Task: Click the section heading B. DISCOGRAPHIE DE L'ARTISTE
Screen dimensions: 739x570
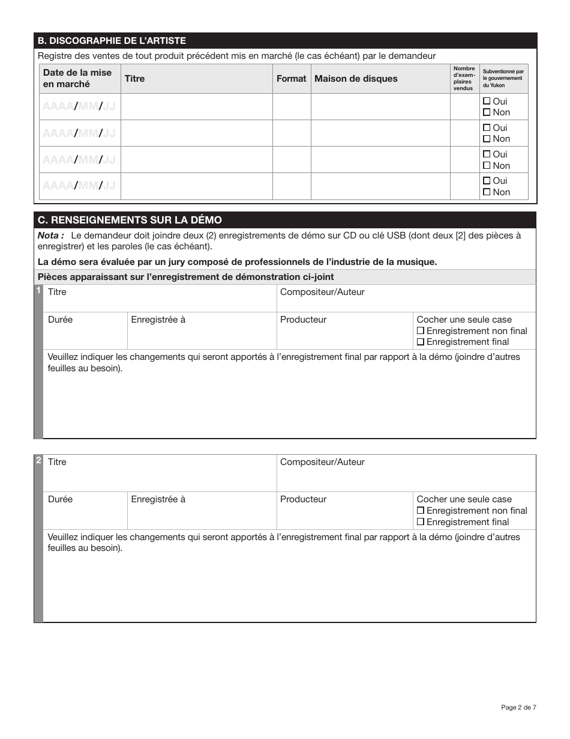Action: tap(112, 41)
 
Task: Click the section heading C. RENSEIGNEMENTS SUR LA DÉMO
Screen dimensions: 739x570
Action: tap(130, 220)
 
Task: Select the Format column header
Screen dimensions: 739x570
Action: tap(291, 79)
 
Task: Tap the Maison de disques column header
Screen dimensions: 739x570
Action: tap(356, 79)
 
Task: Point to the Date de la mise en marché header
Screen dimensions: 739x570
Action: tap(77, 79)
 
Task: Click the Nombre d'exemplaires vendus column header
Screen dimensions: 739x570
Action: tap(464, 79)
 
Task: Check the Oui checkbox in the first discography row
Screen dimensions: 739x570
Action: tap(487, 101)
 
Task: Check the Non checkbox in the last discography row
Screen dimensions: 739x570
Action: tap(487, 192)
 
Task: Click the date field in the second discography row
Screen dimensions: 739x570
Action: tap(79, 133)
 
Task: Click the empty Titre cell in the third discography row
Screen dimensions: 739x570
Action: tap(196, 160)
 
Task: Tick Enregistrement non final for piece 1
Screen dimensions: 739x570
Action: tap(421, 331)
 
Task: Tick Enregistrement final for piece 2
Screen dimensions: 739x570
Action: tap(421, 522)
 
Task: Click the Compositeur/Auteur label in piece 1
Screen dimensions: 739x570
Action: tap(322, 292)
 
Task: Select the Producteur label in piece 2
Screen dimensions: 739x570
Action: tap(303, 499)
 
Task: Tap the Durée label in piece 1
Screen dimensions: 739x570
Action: tap(60, 320)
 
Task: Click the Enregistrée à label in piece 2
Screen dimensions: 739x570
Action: tap(158, 499)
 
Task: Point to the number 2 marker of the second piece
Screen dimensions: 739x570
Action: tap(38, 461)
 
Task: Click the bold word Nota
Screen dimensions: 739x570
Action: tap(50, 236)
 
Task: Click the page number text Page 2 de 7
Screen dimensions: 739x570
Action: tap(518, 707)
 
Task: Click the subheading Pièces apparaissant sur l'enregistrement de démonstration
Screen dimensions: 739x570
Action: tap(185, 277)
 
